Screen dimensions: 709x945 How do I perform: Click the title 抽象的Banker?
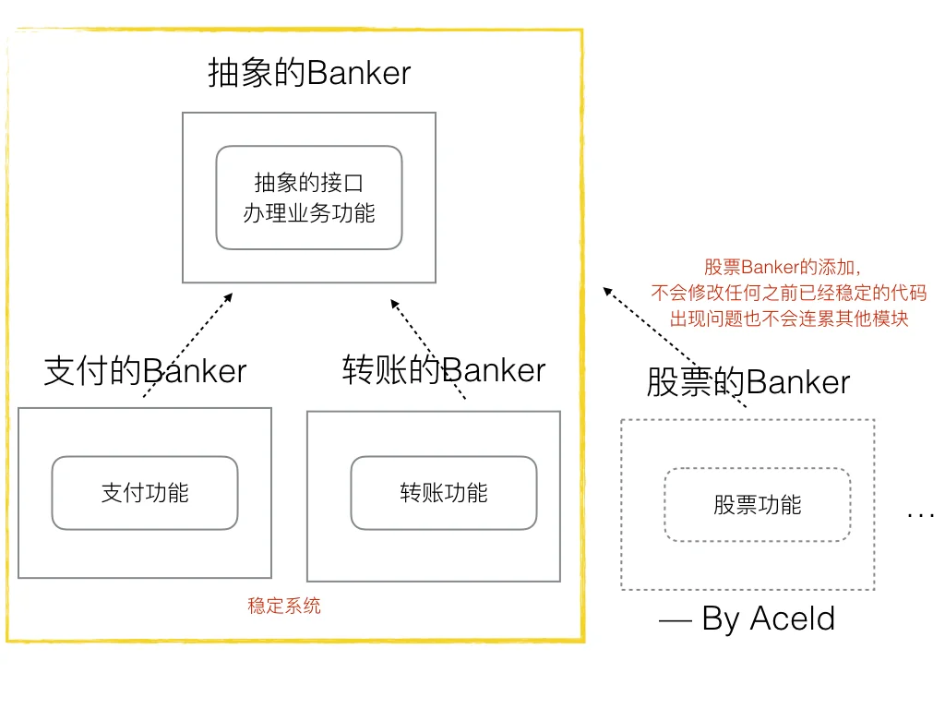(309, 73)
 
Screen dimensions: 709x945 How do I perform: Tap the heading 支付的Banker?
(146, 371)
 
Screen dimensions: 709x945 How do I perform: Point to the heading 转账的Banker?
(444, 369)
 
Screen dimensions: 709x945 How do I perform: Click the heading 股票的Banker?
(748, 382)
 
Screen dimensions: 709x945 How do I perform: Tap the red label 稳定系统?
(284, 607)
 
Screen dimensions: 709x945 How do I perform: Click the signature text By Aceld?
(769, 619)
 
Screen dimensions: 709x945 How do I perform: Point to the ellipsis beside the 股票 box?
(921, 513)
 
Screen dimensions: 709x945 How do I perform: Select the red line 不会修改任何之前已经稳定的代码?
(788, 294)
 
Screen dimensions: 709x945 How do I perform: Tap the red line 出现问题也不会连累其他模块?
(788, 319)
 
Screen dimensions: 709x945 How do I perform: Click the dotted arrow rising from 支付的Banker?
(188, 344)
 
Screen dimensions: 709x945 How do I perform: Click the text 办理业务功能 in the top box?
(309, 213)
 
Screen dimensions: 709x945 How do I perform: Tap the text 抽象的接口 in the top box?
(309, 183)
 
